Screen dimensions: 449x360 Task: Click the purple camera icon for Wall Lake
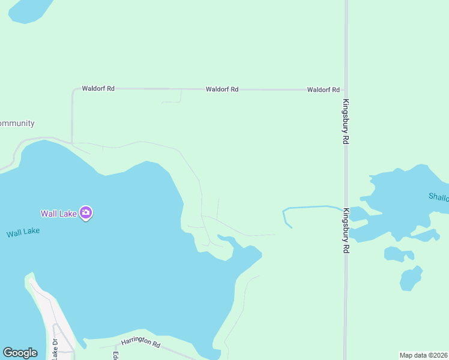(86, 212)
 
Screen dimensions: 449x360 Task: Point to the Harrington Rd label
(141, 344)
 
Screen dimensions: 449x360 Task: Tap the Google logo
(20, 352)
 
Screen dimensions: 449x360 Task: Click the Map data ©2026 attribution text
(423, 355)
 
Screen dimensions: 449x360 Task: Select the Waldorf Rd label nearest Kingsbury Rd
(324, 89)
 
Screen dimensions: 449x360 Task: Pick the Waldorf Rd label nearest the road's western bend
(98, 88)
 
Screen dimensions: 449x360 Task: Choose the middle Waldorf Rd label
(222, 89)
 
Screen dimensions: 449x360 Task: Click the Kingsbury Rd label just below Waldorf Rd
(346, 121)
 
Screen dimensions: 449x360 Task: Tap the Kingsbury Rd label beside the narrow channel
(346, 230)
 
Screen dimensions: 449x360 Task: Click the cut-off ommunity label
(17, 124)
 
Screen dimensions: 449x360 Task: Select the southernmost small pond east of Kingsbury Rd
(411, 278)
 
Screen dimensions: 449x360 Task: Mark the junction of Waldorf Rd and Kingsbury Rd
(345, 89)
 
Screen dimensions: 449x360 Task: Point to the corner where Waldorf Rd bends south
(73, 91)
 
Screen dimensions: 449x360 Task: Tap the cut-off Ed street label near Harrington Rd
(114, 355)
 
